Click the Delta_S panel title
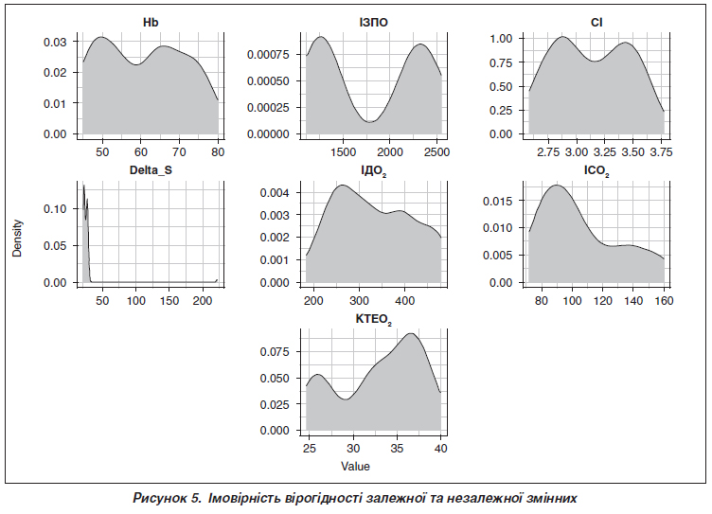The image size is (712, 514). pos(151,169)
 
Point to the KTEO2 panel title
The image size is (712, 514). pos(374,319)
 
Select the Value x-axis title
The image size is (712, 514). pos(356,467)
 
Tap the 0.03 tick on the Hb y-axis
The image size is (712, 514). pos(54,43)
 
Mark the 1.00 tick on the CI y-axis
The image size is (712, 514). pos(502,39)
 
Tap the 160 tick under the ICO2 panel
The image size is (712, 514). pos(663,301)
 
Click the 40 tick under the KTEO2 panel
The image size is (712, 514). pos(440,448)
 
